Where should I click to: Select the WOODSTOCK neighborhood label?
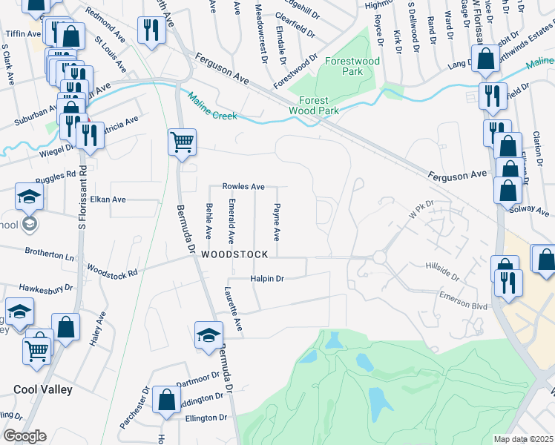click(233, 254)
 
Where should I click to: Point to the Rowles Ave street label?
click(243, 186)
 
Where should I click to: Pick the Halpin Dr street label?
click(267, 278)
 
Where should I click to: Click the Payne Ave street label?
click(277, 222)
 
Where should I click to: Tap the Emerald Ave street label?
click(232, 222)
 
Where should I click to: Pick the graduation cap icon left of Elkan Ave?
click(29, 197)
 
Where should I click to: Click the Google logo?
click(24, 436)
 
